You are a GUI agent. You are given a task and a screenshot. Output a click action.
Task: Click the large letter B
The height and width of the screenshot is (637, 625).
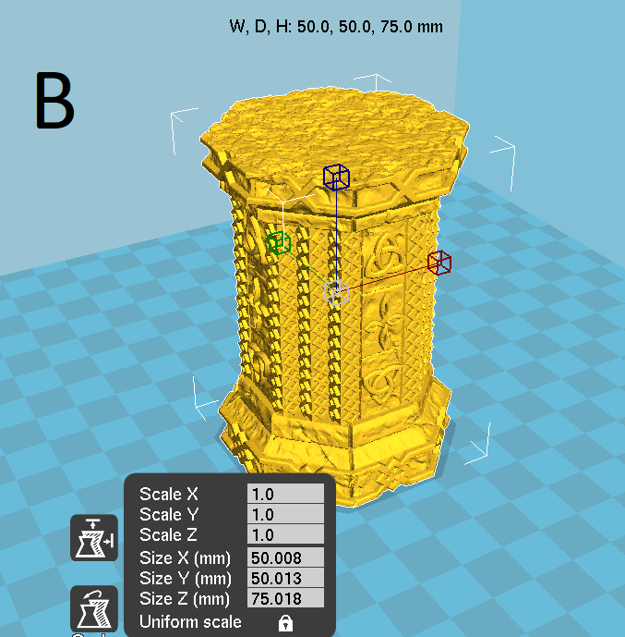(x=54, y=100)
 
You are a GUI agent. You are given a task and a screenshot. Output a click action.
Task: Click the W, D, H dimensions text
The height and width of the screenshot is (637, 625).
(x=336, y=27)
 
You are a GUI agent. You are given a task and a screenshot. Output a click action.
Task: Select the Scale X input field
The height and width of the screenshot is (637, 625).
(x=285, y=494)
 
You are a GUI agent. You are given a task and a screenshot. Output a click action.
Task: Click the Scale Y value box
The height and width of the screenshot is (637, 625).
(x=285, y=514)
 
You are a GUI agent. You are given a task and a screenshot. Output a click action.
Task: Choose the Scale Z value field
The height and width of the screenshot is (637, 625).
(x=285, y=534)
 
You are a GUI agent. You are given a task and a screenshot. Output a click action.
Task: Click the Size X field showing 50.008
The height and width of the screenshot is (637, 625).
(x=285, y=557)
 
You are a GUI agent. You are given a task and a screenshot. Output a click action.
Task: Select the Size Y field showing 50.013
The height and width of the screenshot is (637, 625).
(x=285, y=578)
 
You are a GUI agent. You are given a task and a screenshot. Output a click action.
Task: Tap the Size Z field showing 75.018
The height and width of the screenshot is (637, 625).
(x=285, y=598)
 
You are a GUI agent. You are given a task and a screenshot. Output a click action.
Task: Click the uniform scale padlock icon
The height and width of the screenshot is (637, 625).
(x=285, y=622)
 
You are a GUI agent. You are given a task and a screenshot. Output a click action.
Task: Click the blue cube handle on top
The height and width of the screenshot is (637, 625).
(x=336, y=178)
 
